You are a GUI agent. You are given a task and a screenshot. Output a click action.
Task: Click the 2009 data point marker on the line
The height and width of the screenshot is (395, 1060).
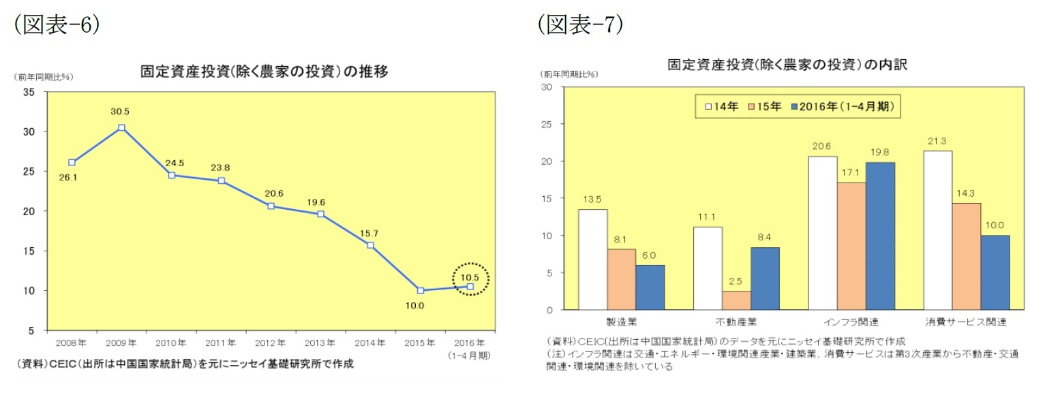click(x=121, y=127)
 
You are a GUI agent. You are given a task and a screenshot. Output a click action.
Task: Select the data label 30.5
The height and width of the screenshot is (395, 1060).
click(x=121, y=111)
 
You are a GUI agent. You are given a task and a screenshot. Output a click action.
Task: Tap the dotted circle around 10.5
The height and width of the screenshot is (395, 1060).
click(x=470, y=279)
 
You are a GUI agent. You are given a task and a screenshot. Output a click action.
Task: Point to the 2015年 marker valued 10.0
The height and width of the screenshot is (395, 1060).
click(x=420, y=290)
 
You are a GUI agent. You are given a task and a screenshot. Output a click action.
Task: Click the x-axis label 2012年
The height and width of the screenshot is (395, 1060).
click(x=271, y=342)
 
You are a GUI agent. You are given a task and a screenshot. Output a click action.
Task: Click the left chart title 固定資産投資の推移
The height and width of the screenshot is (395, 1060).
click(x=264, y=71)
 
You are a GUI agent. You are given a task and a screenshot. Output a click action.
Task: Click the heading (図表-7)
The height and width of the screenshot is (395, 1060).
click(x=580, y=25)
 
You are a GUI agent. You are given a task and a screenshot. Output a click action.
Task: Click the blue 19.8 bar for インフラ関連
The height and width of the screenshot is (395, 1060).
click(x=880, y=236)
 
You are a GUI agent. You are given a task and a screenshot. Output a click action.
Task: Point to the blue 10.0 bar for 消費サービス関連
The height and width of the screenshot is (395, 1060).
click(x=995, y=272)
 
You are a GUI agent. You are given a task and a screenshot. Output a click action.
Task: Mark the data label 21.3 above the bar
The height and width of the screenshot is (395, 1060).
click(x=937, y=141)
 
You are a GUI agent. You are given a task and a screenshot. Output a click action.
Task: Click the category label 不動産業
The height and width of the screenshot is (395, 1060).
click(x=736, y=321)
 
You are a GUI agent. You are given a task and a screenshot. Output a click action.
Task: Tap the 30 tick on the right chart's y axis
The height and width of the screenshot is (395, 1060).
click(x=547, y=87)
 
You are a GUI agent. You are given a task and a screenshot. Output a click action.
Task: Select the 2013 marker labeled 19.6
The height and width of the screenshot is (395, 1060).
click(x=320, y=214)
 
